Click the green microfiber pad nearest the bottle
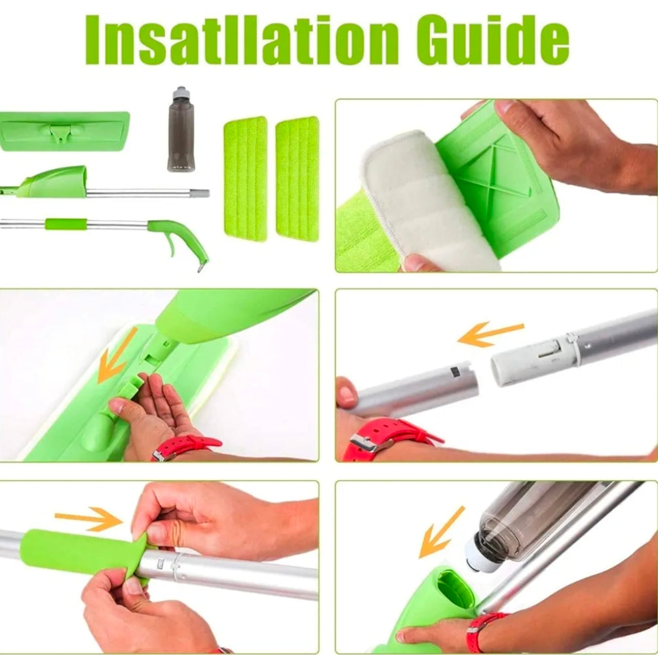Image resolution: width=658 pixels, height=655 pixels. click(245, 178)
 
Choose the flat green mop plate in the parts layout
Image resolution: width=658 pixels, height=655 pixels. click(64, 130)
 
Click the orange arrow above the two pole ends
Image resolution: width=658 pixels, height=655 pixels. click(490, 334)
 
